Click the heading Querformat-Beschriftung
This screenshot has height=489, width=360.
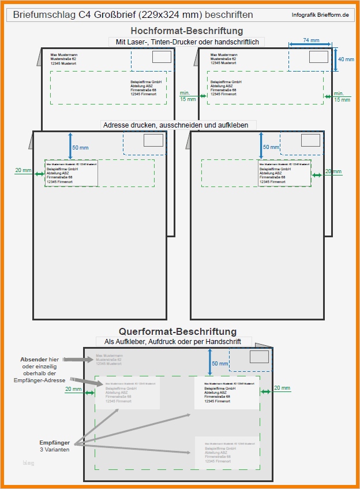pyautogui.click(x=178, y=331)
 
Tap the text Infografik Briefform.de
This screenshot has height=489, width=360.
pyautogui.click(x=320, y=14)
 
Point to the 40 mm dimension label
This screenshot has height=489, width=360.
pyautogui.click(x=346, y=59)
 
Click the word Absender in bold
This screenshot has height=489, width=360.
pyautogui.click(x=33, y=360)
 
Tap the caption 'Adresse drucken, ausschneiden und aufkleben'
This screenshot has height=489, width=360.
pyautogui.click(x=178, y=125)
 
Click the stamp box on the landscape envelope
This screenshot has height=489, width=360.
pyautogui.click(x=259, y=357)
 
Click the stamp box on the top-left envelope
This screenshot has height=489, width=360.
pyautogui.click(x=162, y=57)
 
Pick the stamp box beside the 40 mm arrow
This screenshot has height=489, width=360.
pyautogui.click(x=318, y=57)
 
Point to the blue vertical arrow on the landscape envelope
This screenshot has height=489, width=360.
pyautogui.click(x=209, y=363)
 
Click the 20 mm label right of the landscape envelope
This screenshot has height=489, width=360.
pyautogui.click(x=282, y=388)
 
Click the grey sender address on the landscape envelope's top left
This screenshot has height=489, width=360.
pyautogui.click(x=109, y=360)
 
